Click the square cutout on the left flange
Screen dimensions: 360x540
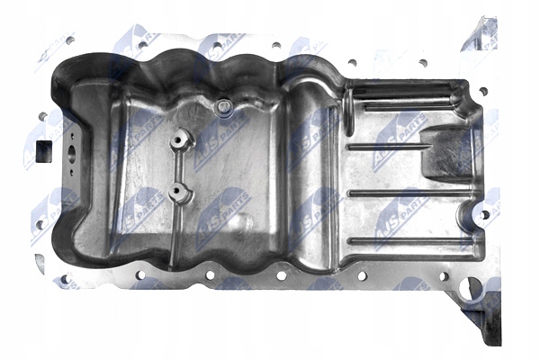pyautogui.click(x=42, y=151)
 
